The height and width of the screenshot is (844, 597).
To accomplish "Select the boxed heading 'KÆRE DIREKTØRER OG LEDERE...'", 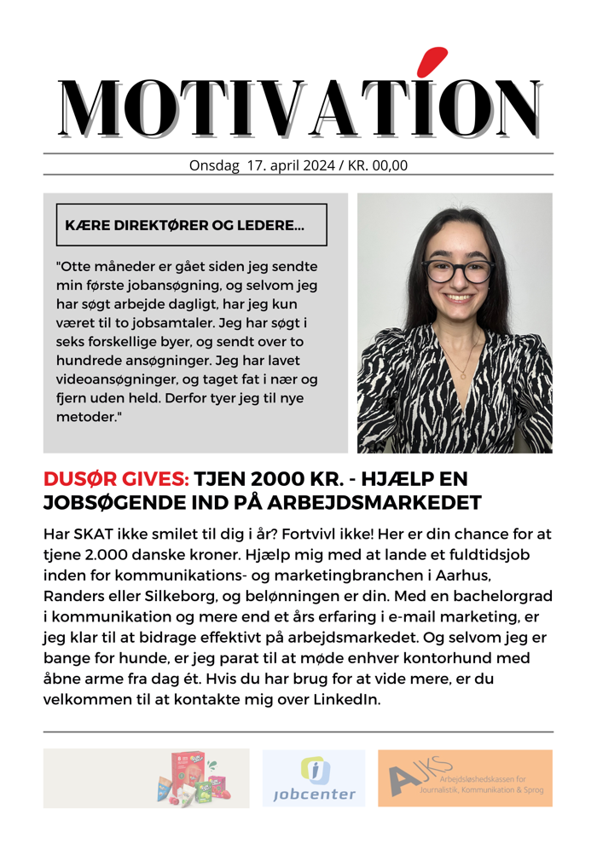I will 184,226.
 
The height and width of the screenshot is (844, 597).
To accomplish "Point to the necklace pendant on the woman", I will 463,373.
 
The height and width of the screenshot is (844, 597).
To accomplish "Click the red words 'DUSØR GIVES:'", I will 116,480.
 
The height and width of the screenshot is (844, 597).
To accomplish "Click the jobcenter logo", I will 314,778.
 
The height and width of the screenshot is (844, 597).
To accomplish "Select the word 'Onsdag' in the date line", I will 214,165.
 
